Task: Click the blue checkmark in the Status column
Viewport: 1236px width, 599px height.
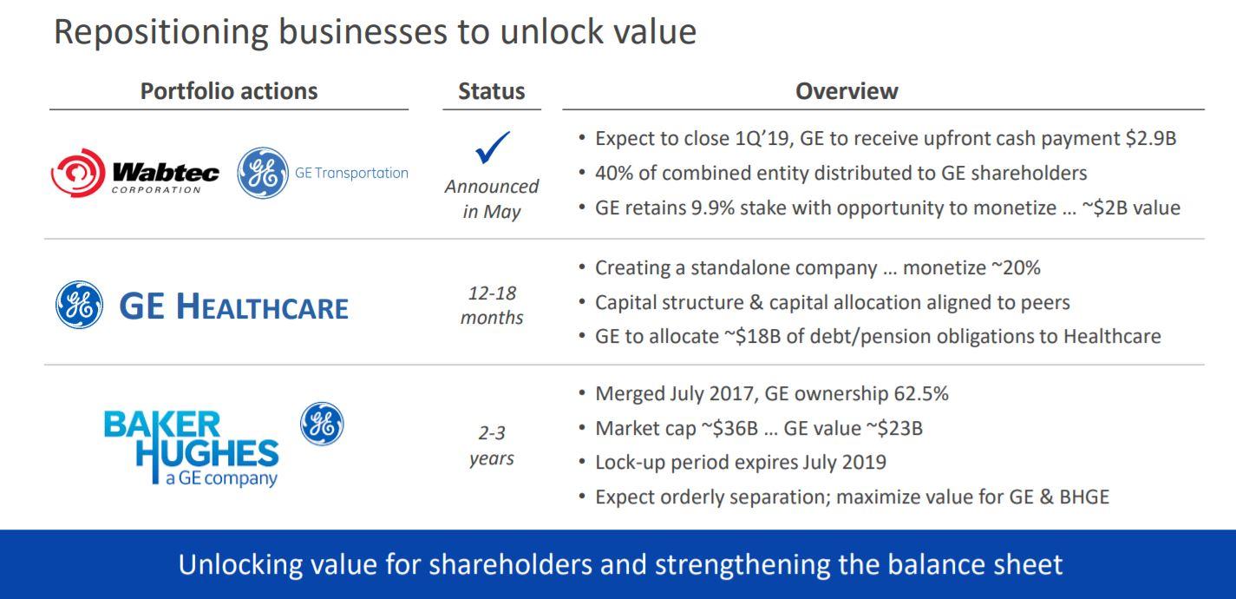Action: click(491, 148)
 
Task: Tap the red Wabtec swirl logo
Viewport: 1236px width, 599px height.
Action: click(78, 173)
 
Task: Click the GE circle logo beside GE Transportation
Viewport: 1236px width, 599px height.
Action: click(263, 173)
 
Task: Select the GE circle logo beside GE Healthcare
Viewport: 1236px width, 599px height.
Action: click(79, 305)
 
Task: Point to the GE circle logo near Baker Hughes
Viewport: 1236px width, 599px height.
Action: click(322, 424)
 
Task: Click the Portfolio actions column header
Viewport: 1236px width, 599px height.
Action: click(229, 91)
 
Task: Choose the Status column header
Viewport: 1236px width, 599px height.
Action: click(492, 91)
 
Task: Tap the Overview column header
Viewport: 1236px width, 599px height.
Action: click(847, 91)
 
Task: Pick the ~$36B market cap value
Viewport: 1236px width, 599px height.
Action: click(730, 428)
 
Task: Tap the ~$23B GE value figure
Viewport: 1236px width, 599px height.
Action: click(894, 428)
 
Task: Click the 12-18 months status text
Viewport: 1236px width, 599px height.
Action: click(492, 305)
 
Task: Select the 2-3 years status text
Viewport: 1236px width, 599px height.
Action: click(492, 445)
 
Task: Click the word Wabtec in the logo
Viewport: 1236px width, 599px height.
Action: click(166, 173)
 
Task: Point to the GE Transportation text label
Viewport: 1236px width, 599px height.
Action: click(351, 173)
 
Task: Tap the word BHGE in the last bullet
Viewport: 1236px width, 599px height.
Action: click(1084, 497)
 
